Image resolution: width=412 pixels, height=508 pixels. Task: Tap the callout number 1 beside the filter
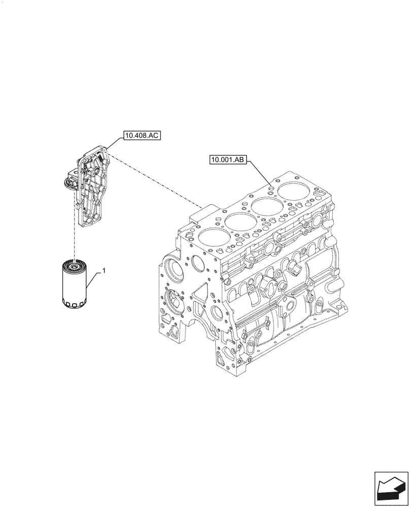[104, 272]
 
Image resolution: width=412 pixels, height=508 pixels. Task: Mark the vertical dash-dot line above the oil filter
[75, 239]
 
